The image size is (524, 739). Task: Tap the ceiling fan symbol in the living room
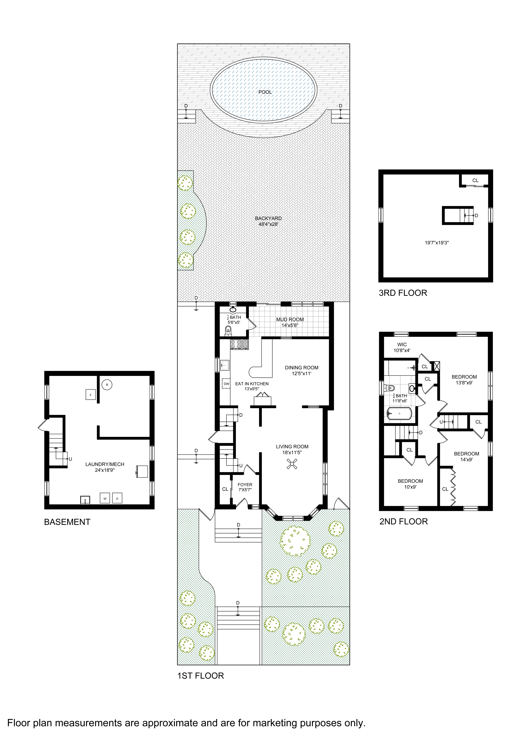[x=292, y=464]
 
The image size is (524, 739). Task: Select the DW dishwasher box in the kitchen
[x=226, y=384]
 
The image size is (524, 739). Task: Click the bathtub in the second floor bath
[x=399, y=414]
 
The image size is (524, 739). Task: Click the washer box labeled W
[x=105, y=498]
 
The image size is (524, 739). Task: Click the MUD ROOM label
[x=290, y=319]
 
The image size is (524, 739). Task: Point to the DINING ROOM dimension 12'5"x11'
[x=301, y=373]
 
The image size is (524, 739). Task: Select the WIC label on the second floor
[x=402, y=345]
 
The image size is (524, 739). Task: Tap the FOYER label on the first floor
[x=245, y=484]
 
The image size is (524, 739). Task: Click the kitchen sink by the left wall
[x=225, y=366]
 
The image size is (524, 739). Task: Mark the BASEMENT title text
[x=67, y=522]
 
